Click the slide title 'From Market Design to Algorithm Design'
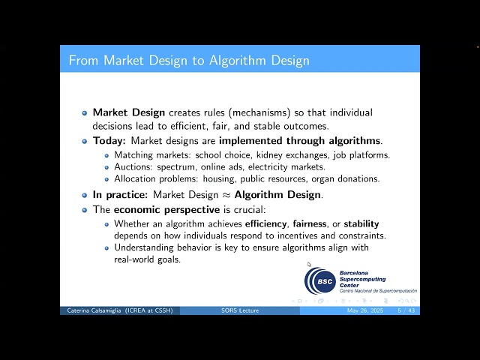189,60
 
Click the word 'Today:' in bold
109,140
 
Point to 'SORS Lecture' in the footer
240,310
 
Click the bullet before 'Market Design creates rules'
85,112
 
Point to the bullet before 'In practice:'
85,194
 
